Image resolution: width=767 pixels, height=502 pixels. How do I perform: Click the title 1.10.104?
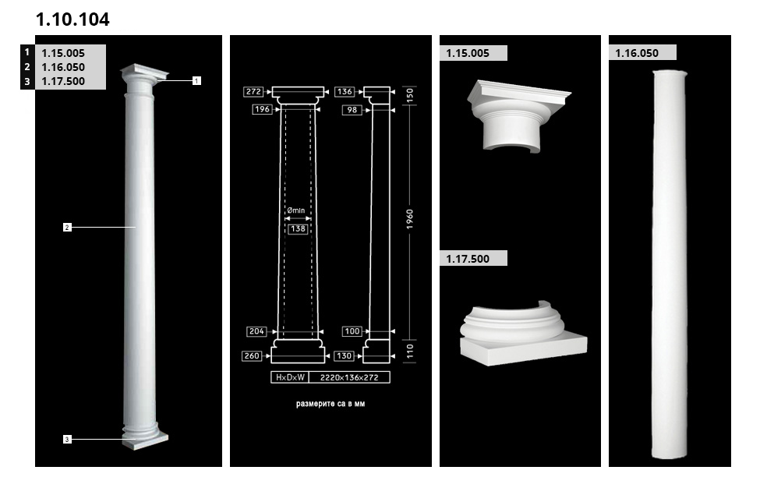[x=72, y=19]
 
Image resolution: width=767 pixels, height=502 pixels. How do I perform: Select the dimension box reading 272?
[x=253, y=91]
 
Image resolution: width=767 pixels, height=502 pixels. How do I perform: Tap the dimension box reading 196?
[x=262, y=109]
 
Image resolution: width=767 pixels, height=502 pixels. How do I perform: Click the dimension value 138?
[x=298, y=229]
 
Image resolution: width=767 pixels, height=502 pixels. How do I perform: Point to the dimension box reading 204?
[x=256, y=332]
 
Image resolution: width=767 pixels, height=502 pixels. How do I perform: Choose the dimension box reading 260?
[x=252, y=355]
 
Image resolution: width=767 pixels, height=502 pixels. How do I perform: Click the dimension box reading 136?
[x=345, y=91]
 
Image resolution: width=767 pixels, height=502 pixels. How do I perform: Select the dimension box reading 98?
[x=352, y=110]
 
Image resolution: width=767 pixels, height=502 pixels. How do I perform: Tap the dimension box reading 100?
[x=352, y=332]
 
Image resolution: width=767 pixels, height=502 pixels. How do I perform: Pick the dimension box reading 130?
[x=345, y=355]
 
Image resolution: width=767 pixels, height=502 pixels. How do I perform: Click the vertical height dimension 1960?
[x=410, y=219]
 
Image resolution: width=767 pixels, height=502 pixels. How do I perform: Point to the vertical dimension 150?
[x=410, y=95]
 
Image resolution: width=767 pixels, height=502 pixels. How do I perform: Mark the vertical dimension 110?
[x=410, y=351]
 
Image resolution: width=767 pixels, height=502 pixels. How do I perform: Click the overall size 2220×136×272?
[x=349, y=377]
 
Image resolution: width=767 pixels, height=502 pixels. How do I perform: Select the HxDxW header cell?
[x=290, y=377]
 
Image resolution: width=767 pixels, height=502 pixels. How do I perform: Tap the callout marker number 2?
[x=67, y=227]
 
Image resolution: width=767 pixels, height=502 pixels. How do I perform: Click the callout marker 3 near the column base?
[x=67, y=440]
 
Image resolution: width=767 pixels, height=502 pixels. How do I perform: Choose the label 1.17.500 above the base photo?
[x=468, y=259]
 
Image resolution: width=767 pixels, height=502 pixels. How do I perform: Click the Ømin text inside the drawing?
[x=296, y=210]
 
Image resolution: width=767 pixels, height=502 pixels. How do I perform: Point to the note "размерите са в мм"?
[x=330, y=404]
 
